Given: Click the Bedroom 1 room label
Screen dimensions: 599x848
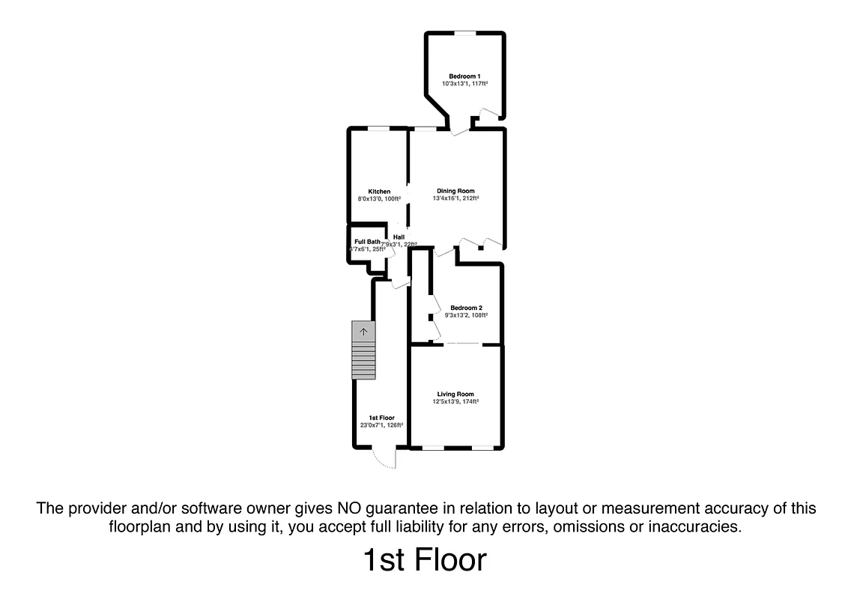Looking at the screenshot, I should [464, 76].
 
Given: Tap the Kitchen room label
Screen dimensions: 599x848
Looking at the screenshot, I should [379, 192].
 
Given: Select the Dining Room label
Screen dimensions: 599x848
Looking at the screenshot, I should [455, 191].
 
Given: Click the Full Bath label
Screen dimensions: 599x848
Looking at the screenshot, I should [367, 241].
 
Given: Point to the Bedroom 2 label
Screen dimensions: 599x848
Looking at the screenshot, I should [466, 308].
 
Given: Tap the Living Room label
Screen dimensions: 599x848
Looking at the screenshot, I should [455, 394].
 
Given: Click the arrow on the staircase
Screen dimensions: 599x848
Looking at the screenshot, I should [363, 331].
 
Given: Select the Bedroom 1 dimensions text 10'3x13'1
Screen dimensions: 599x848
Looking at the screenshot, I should [464, 84].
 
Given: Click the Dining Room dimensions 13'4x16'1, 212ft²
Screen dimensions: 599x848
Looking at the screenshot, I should [455, 198].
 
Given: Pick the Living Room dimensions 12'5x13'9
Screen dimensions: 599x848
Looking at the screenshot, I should [455, 402].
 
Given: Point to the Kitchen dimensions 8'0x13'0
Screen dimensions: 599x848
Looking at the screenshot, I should [379, 199].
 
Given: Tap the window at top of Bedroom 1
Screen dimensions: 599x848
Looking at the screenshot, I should [467, 32].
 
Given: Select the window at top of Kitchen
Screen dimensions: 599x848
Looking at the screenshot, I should [378, 128].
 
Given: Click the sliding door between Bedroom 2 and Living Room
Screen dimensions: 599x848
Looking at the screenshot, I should [463, 344].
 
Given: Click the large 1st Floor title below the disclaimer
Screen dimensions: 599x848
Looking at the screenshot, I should [424, 560].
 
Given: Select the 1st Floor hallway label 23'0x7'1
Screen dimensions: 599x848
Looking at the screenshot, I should [381, 425].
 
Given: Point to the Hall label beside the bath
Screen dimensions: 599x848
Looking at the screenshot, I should [399, 237].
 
